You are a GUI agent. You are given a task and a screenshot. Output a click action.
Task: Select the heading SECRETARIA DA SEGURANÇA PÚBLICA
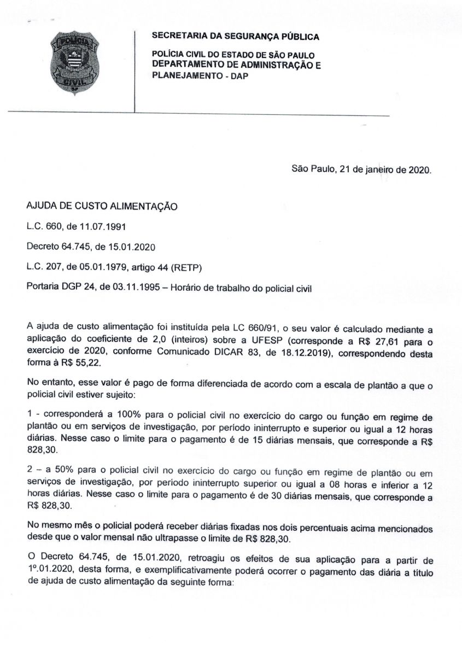tap(235, 37)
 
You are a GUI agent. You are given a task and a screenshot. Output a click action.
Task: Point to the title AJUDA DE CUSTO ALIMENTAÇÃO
tap(103, 208)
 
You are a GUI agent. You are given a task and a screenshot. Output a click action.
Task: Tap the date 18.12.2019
tap(308, 353)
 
